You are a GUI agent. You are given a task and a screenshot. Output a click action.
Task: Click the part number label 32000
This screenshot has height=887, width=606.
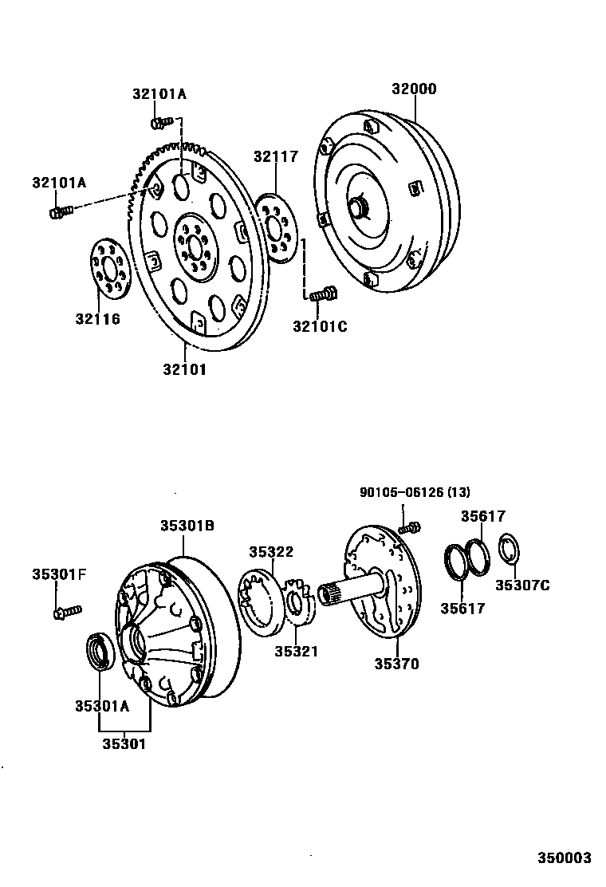coord(413,89)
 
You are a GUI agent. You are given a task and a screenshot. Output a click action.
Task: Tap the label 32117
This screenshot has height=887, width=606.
coord(276,156)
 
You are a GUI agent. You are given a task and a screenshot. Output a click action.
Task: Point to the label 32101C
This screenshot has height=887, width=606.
coord(320,325)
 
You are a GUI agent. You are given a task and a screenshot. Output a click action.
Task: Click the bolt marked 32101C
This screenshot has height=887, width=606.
coord(324,295)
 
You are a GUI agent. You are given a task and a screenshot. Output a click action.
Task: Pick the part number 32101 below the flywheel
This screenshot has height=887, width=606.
coord(185,369)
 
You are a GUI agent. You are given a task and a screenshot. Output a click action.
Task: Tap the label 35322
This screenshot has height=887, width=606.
coord(270,551)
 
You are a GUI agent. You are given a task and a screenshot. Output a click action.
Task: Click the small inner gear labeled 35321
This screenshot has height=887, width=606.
coord(300,604)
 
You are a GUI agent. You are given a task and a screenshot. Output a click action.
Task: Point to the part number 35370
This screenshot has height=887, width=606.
coord(396,664)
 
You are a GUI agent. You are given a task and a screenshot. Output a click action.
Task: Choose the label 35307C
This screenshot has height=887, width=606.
coord(522,585)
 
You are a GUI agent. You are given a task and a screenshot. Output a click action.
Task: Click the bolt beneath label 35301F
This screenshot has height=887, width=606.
coord(66,612)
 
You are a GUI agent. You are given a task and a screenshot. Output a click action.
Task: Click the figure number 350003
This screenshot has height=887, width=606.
coord(563,858)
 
